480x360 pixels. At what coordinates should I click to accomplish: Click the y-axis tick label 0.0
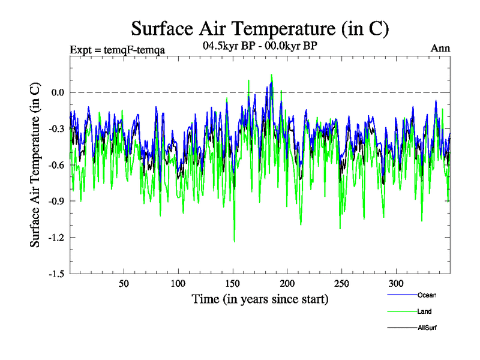57,92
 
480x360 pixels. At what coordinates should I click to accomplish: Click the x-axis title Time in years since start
260,298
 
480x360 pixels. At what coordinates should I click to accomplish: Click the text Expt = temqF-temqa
118,49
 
